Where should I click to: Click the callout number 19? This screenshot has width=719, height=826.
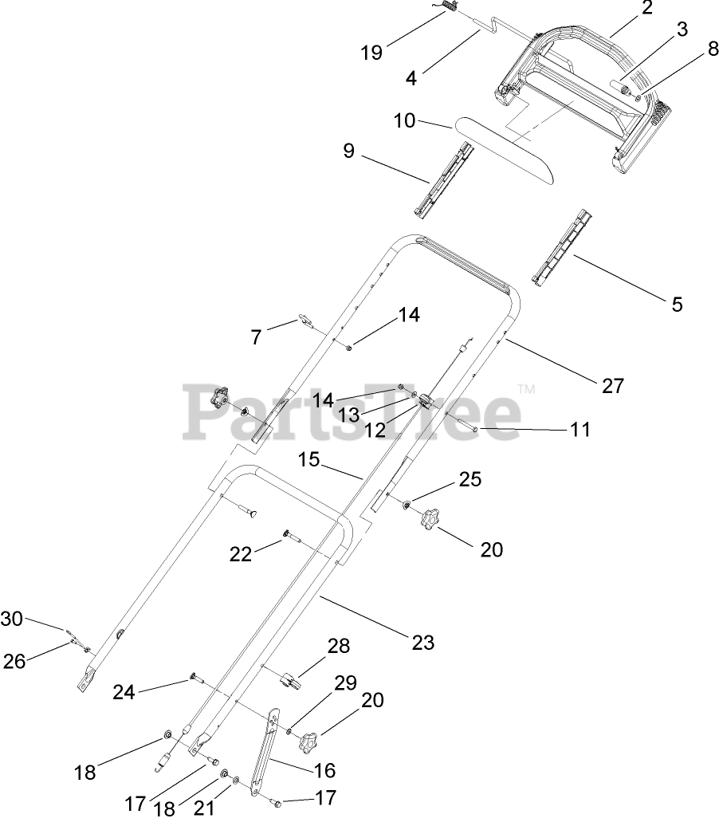371,53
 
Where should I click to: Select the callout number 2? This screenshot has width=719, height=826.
646,9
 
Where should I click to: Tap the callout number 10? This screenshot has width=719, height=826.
405,121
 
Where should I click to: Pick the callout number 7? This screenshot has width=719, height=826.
256,337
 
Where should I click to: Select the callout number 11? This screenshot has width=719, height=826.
580,430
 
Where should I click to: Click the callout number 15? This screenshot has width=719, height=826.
309,460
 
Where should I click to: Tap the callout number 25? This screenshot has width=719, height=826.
470,479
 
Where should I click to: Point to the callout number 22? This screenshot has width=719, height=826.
241,554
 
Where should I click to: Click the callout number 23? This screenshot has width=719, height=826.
423,641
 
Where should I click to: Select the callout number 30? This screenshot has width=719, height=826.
12,618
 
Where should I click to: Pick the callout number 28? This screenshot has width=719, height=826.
339,646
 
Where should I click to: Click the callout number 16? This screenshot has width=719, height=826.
324,770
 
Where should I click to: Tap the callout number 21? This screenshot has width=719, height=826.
205,808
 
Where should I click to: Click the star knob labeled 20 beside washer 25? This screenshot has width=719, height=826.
434,519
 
